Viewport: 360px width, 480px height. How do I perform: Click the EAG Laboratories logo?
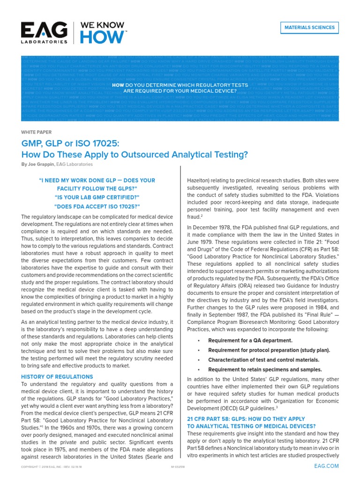(44, 33)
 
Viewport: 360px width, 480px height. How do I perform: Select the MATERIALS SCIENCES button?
(310, 28)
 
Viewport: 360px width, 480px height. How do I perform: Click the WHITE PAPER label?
(37, 132)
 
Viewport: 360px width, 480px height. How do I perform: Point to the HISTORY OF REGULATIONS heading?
(57, 376)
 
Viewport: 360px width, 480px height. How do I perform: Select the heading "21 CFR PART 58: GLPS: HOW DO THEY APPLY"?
(246, 418)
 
